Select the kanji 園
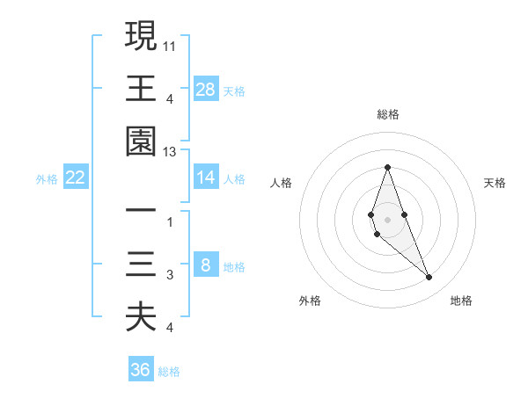tap(141, 142)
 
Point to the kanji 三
tap(141, 265)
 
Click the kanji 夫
tap(141, 317)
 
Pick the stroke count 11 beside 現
tap(170, 43)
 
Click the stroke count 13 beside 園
tap(170, 152)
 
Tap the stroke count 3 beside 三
tap(170, 275)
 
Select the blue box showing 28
tap(206, 89)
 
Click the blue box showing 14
tap(206, 178)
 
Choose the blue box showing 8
tap(206, 265)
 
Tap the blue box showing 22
tap(76, 178)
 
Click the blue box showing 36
tap(141, 370)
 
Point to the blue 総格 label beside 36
tap(169, 372)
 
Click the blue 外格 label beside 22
tap(47, 179)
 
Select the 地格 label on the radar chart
tap(461, 301)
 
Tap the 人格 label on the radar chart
tap(282, 183)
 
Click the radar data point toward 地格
tap(429, 278)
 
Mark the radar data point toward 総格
tap(387, 167)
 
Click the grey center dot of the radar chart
tap(387, 219)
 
